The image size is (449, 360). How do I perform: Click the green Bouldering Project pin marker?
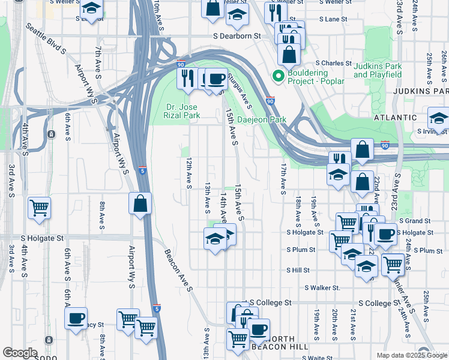coord(277,76)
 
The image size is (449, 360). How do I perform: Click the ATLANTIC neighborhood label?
coord(396,118)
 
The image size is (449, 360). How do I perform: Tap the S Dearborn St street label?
coord(237,36)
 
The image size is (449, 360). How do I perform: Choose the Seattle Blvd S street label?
coord(46,39)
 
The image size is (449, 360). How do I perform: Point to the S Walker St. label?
coord(321,288)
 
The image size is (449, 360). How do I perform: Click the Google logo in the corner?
coord(20,353)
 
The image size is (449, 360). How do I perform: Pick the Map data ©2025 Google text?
coord(412,355)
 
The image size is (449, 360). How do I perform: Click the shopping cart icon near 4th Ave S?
coord(40,208)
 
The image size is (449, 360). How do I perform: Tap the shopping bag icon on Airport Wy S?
coord(139,203)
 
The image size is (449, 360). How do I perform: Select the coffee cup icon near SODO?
coord(76,318)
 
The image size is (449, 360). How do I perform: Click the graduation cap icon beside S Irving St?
coord(439,118)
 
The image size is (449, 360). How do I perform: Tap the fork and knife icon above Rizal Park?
coord(187,78)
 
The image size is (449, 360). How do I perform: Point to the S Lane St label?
coord(333,19)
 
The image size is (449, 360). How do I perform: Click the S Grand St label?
coord(414,221)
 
